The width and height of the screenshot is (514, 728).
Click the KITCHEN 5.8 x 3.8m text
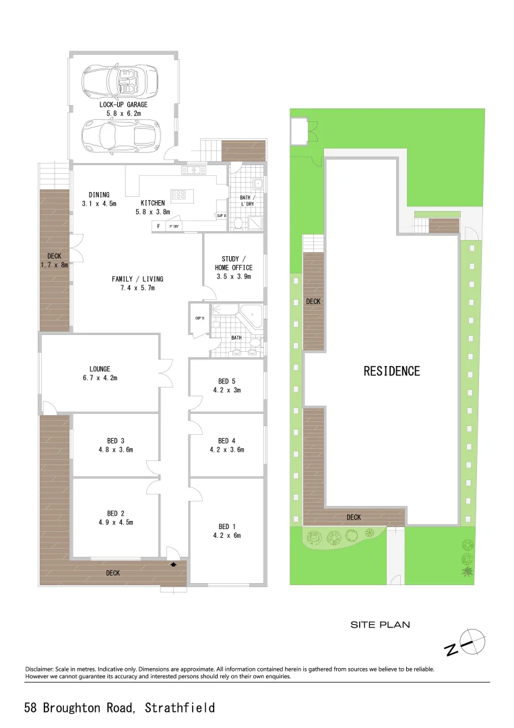pos(153,207)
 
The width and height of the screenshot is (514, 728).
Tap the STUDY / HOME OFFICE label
pos(234,268)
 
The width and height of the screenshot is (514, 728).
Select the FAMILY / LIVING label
pos(137,283)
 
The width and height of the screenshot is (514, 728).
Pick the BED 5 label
pos(227,385)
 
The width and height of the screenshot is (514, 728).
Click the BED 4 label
pos(227,445)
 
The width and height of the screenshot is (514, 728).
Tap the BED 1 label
pos(227,531)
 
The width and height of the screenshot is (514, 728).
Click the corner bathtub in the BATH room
pos(252,315)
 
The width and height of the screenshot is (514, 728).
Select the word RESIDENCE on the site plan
pos(391,371)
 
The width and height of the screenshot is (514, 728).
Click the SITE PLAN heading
pos(380,625)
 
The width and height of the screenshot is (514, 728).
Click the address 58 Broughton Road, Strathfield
pos(120,708)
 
